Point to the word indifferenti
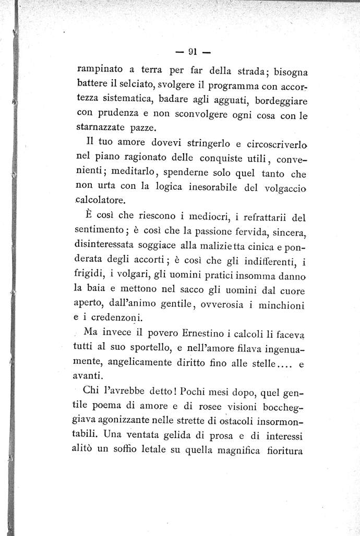coord(265,258)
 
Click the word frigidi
coord(90,273)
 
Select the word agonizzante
coord(143,419)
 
